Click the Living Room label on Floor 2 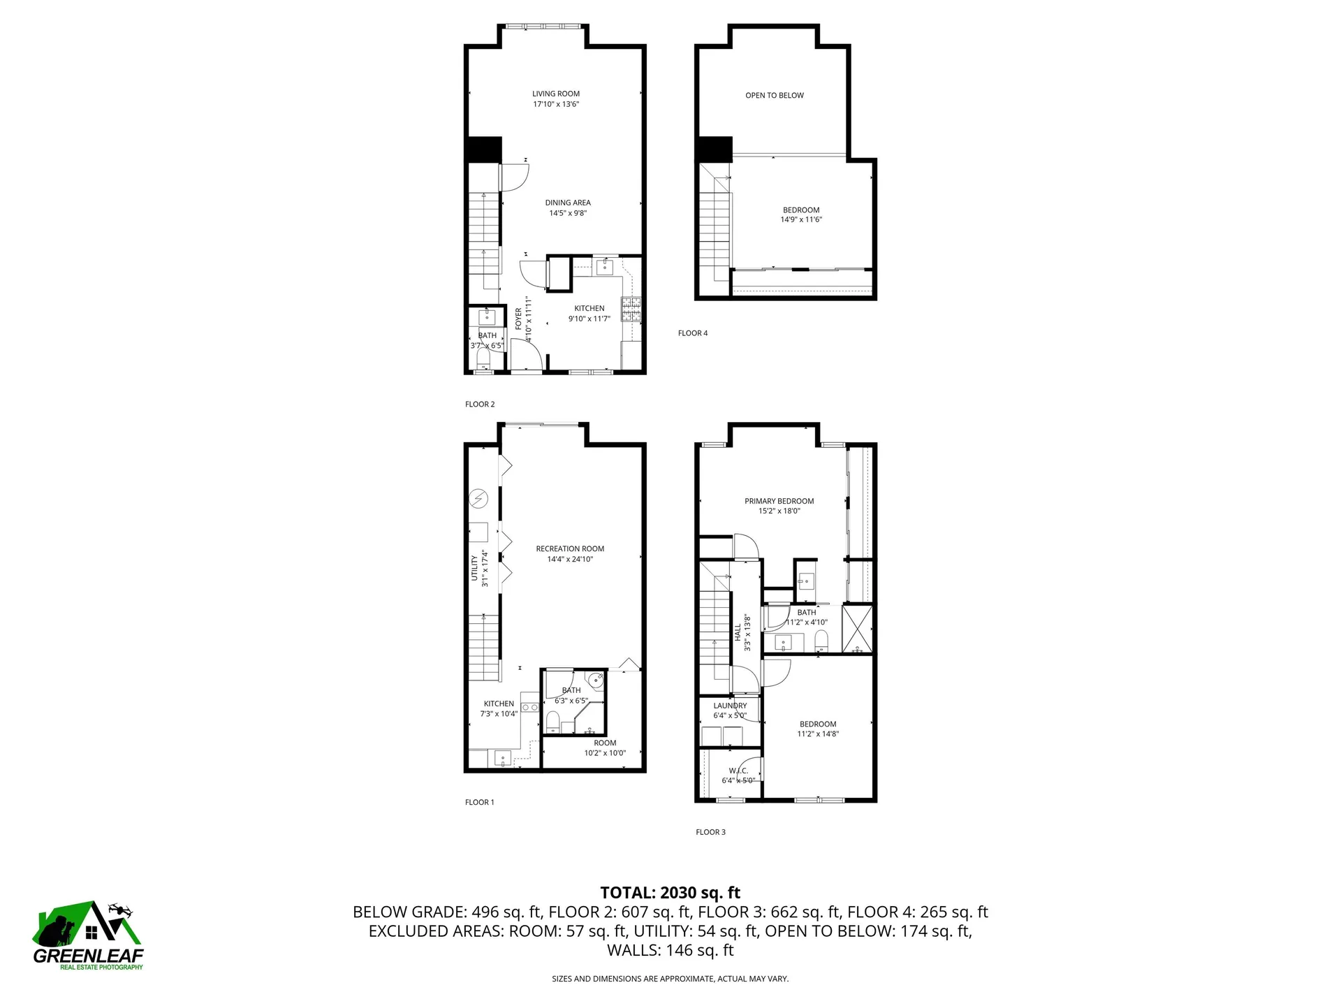pyautogui.click(x=556, y=94)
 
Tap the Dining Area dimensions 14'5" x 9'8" pyautogui.click(x=567, y=213)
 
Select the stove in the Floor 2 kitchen pyautogui.click(x=631, y=309)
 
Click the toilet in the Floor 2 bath pyautogui.click(x=483, y=360)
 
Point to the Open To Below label pyautogui.click(x=774, y=96)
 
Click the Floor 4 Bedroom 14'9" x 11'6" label pyautogui.click(x=800, y=214)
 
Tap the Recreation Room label pyautogui.click(x=570, y=549)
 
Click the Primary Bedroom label pyautogui.click(x=779, y=501)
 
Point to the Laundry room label pyautogui.click(x=730, y=706)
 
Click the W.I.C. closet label pyautogui.click(x=738, y=771)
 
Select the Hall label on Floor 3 pyautogui.click(x=738, y=632)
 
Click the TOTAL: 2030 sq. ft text pyautogui.click(x=670, y=892)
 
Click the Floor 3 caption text pyautogui.click(x=710, y=832)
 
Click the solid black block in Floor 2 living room pyautogui.click(x=484, y=149)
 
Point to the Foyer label pyautogui.click(x=518, y=319)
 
